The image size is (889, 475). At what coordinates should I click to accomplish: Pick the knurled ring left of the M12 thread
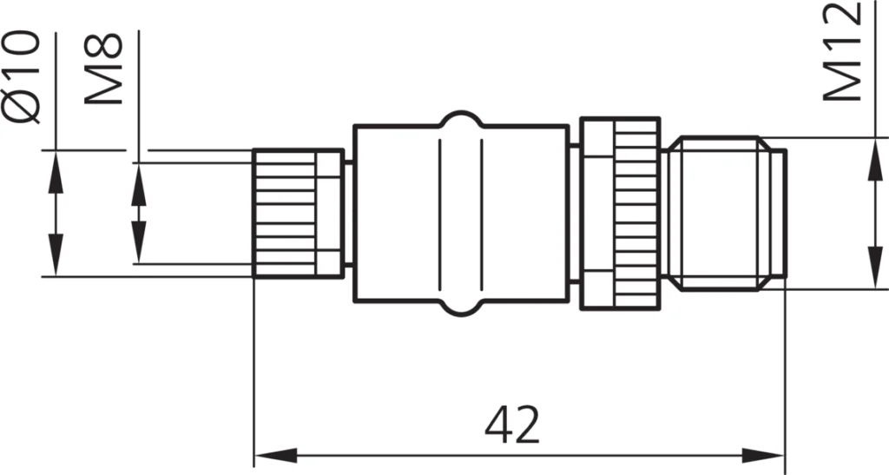[636, 213]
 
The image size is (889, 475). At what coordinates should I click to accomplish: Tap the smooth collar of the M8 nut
[329, 213]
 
